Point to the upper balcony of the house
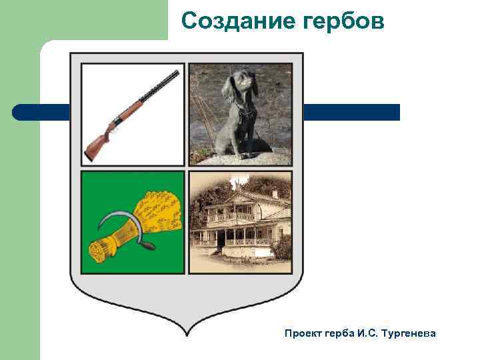tap(231, 217)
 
